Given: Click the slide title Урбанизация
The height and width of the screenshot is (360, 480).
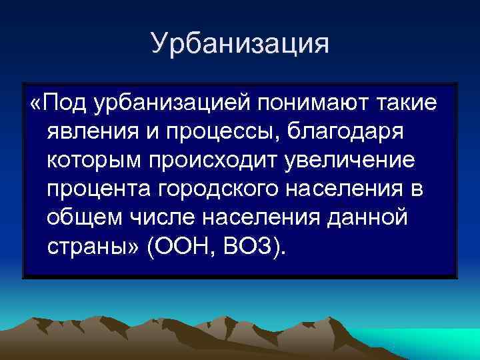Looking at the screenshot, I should [240, 43].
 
